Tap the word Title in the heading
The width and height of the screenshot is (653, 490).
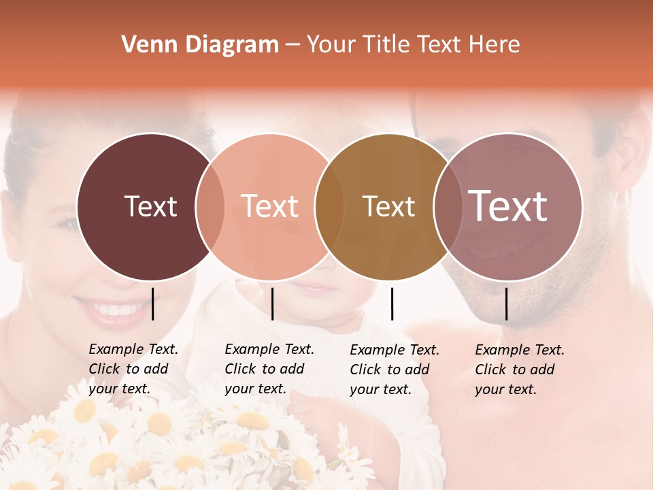386,45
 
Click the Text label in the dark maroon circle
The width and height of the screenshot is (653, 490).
150,206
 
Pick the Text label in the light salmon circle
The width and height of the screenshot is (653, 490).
269,206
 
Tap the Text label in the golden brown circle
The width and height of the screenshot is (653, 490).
388,206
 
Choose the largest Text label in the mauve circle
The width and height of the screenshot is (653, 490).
507,206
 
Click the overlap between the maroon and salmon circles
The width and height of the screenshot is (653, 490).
210,206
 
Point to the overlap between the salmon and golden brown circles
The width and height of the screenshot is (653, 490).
329,206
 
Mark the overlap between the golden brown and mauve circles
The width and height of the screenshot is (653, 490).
448,206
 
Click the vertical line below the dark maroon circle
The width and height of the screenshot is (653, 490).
152,304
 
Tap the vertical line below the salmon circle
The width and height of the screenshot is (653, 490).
272,304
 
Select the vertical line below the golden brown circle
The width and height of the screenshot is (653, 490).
392,304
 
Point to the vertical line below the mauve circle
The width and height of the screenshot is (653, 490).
506,304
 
